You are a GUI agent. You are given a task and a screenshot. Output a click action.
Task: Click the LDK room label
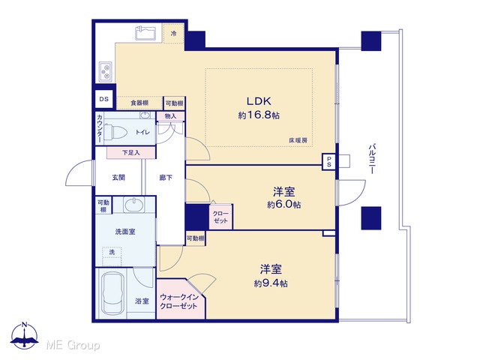pos(259,101)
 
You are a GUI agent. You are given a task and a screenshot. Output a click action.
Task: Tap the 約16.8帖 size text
pos(259,115)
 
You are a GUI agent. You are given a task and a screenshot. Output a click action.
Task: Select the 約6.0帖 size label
pos(283,205)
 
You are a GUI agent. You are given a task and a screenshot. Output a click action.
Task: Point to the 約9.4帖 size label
pos(271,283)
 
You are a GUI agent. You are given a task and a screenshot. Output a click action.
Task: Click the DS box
pos(104,99)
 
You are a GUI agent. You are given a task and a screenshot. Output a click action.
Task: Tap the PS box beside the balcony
pos(329,162)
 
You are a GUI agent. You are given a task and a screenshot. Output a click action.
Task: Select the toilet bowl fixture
pos(115,132)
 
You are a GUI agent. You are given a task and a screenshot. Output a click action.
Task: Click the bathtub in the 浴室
pos(113,294)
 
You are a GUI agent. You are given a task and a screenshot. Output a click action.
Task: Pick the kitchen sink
pos(146,33)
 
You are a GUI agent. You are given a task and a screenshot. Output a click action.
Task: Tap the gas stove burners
pos(106,71)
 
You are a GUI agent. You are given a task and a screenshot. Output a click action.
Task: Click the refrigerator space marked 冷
pos(173,33)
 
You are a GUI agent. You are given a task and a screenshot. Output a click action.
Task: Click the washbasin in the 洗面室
pos(134,205)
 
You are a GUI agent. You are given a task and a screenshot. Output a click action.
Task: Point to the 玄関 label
pos(118,177)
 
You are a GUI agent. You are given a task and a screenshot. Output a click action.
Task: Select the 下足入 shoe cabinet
pos(131,152)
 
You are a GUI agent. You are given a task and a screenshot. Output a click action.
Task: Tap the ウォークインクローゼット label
pos(178,301)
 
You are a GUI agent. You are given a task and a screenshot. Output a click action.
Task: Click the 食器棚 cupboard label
pos(139,103)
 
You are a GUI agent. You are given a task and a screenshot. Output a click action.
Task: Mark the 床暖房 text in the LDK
pos(298,140)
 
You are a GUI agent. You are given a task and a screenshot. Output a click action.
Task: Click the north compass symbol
pos(25,336)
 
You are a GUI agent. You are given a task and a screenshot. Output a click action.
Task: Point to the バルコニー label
pos(372,159)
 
